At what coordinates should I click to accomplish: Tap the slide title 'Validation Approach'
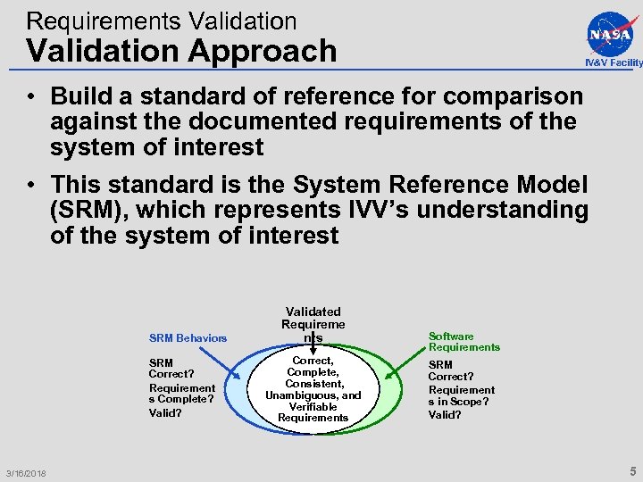(x=181, y=51)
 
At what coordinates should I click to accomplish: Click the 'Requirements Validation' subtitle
(x=162, y=20)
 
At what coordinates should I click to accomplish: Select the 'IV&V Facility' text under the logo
(x=614, y=62)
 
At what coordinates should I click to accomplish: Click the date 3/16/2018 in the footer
(x=25, y=472)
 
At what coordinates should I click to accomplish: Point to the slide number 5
(x=632, y=470)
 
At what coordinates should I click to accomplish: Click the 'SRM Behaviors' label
(x=188, y=338)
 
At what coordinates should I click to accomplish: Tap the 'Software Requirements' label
(x=463, y=342)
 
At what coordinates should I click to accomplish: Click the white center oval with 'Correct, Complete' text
(x=313, y=389)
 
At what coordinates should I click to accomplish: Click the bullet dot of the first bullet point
(x=30, y=96)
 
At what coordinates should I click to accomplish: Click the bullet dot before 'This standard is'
(x=30, y=186)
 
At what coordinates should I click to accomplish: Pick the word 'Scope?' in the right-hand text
(x=474, y=402)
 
